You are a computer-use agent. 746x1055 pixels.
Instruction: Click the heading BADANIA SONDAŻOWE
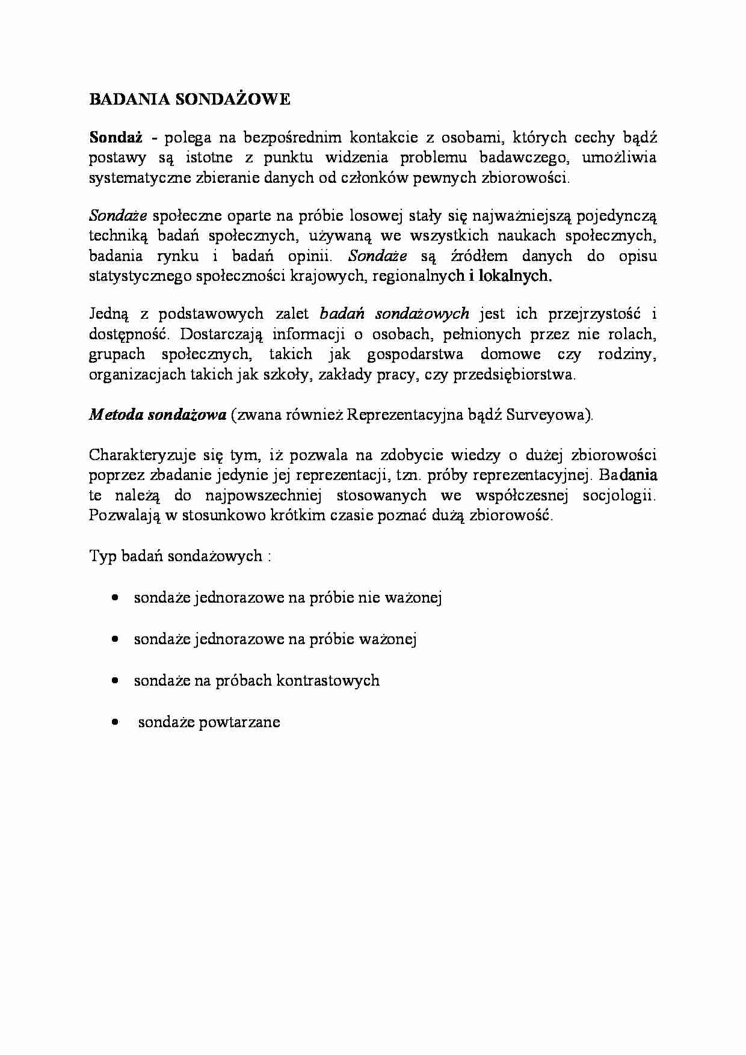click(x=190, y=100)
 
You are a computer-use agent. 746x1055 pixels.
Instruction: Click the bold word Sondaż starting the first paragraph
click(x=116, y=138)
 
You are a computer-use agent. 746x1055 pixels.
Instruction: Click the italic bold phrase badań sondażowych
click(x=394, y=313)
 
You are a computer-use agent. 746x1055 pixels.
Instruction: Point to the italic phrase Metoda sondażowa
click(x=158, y=415)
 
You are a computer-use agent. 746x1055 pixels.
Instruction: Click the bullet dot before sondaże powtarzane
click(x=114, y=722)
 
